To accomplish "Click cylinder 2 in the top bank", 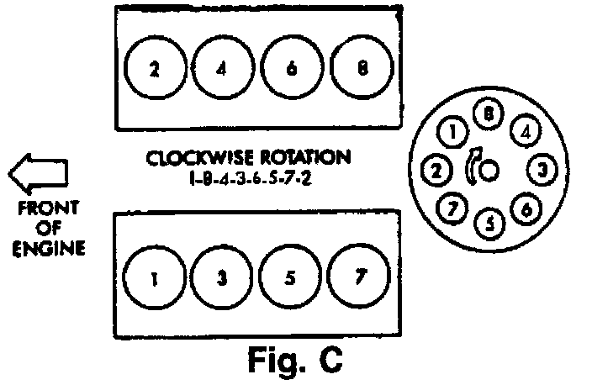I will coord(155,70).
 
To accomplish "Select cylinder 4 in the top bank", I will coord(222,70).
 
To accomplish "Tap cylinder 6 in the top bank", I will coord(291,70).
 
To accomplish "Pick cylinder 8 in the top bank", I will coord(362,70).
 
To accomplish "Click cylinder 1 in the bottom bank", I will coord(155,279).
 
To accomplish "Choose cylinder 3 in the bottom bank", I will coord(222,279).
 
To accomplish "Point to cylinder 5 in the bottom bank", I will coord(291,279).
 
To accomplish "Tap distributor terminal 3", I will coord(542,171).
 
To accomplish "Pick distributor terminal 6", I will coord(525,208).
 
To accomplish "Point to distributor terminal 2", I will coord(435,171).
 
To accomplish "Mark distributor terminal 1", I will coord(452,132).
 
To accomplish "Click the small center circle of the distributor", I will coord(490,171).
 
